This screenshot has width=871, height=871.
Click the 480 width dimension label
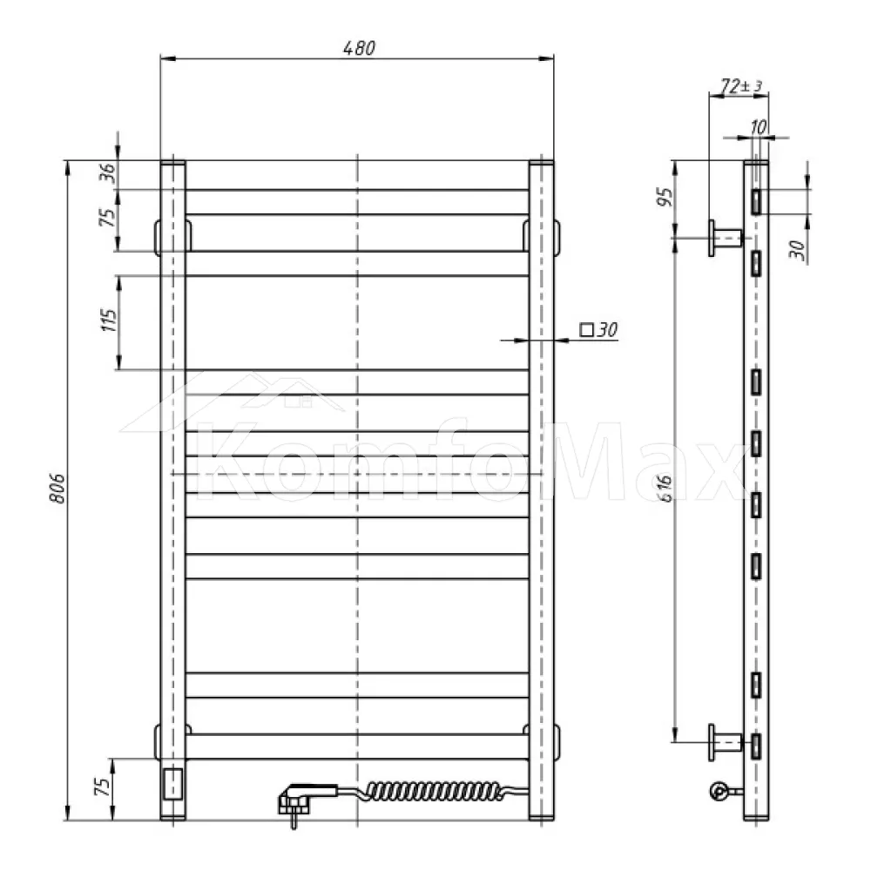(359, 48)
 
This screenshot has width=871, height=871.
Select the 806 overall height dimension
(57, 489)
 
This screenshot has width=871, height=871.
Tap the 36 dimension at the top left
(109, 172)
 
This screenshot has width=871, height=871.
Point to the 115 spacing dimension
(109, 321)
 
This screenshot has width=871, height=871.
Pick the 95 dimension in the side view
(665, 197)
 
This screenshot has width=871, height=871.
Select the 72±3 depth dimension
(741, 85)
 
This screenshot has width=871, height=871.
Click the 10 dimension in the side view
(759, 127)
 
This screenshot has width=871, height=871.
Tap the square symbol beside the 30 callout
(586, 329)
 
